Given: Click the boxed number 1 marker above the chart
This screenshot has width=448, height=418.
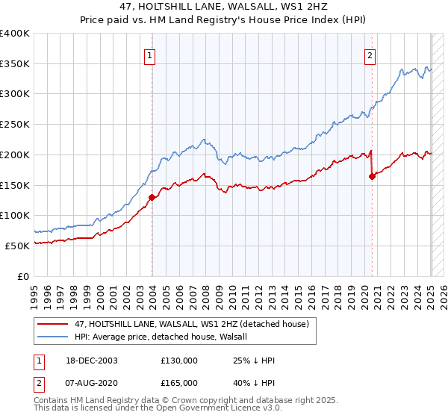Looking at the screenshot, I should pos(150,54).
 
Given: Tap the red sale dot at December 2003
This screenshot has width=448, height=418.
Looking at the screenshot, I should pos(152,198).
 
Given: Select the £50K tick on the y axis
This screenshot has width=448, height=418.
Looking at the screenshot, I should pos(18,246).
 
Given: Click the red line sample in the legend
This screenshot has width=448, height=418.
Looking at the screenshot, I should pos(54,323).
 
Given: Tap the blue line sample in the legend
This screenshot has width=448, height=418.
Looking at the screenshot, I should pos(54,337).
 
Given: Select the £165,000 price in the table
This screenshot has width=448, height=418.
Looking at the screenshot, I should pos(179,383).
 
